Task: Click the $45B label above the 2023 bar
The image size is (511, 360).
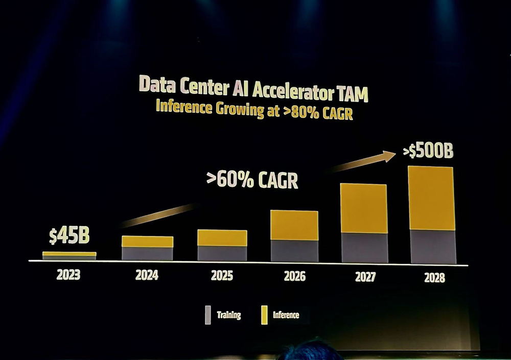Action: (x=69, y=236)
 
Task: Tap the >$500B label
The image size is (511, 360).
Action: (x=428, y=151)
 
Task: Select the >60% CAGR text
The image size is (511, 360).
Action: (x=252, y=180)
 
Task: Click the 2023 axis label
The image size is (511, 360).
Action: (x=68, y=275)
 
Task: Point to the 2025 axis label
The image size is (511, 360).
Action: (x=222, y=276)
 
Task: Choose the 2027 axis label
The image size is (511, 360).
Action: (x=365, y=277)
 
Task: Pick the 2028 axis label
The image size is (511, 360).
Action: (x=434, y=278)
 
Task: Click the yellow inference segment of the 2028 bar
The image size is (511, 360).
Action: (x=432, y=198)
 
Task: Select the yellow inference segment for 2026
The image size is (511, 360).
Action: (x=294, y=225)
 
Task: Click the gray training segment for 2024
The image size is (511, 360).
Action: (x=147, y=253)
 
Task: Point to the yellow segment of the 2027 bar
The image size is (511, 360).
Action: (x=363, y=208)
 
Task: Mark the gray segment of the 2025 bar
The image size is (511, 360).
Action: (x=222, y=253)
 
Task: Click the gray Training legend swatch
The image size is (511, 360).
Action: (x=207, y=315)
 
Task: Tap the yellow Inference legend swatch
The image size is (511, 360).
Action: (x=264, y=315)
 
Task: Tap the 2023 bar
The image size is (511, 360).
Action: (x=69, y=255)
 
